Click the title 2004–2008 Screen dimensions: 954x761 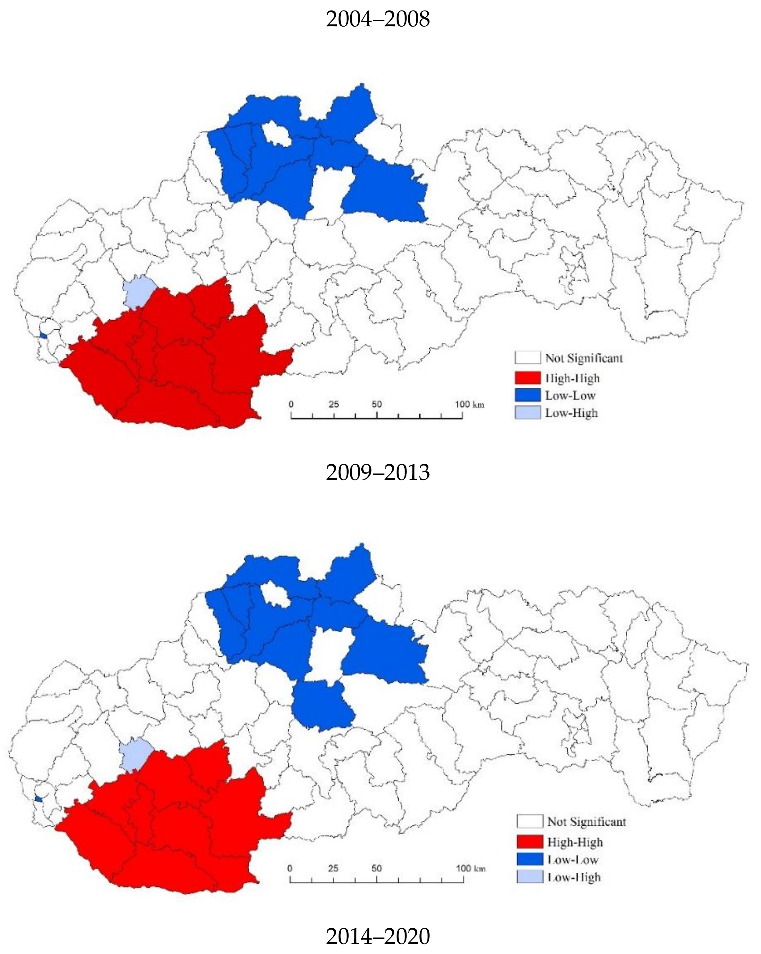(x=378, y=19)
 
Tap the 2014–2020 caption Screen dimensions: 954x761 (x=378, y=936)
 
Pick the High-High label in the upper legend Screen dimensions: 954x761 (x=572, y=378)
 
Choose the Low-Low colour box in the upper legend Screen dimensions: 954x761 (x=528, y=395)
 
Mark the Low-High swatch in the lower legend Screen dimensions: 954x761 (x=529, y=877)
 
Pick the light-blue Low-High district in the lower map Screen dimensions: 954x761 (x=135, y=754)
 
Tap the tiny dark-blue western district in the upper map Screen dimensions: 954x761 (x=43, y=336)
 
